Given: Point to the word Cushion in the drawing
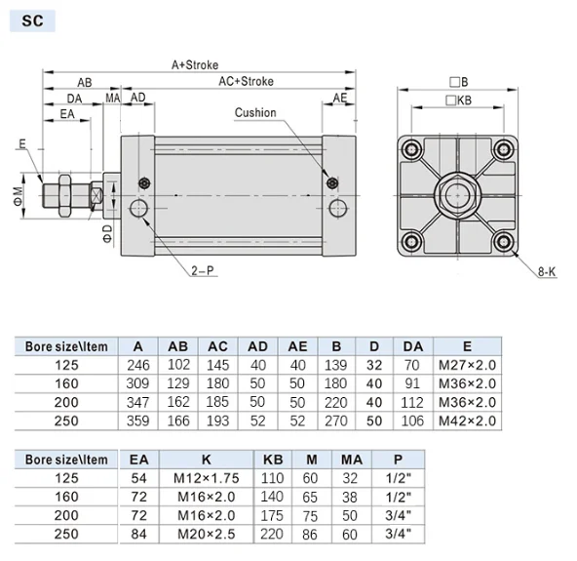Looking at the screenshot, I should pos(255,113).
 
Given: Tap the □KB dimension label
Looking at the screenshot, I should pos(457,100).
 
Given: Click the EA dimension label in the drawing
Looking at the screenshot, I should pos(67,115).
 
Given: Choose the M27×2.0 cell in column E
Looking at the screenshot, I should pos(466,365).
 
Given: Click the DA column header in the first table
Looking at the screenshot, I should pos(412,345).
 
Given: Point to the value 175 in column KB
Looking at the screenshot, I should pos(271,515).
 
